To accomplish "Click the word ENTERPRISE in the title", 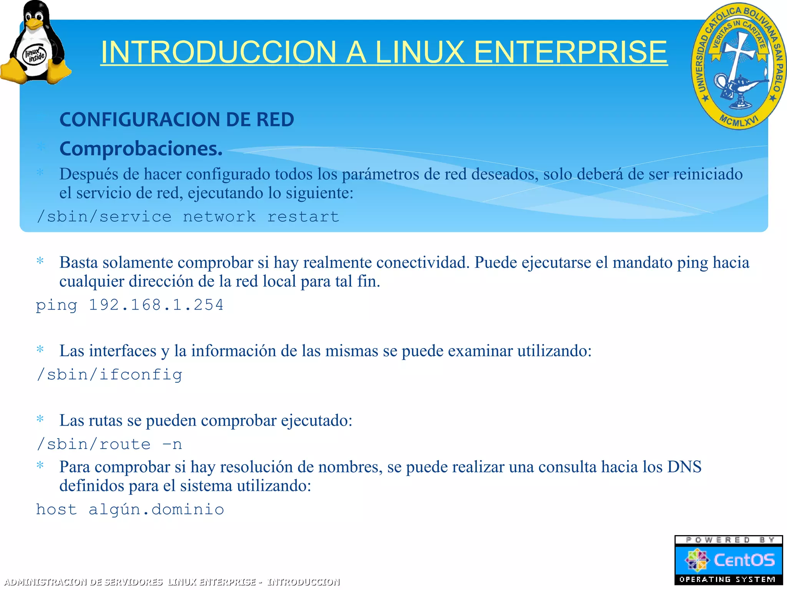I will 571,52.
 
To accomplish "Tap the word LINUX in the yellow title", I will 420,52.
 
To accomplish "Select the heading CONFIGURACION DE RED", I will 177,119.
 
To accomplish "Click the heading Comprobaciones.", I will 141,149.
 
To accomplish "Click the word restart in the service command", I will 303,217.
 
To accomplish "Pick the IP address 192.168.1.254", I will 156,305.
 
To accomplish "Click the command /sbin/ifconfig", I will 109,375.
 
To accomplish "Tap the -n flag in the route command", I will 172,444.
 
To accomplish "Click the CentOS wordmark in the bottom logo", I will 744,560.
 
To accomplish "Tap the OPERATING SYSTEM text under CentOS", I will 727,579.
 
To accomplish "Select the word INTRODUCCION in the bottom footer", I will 304,582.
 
